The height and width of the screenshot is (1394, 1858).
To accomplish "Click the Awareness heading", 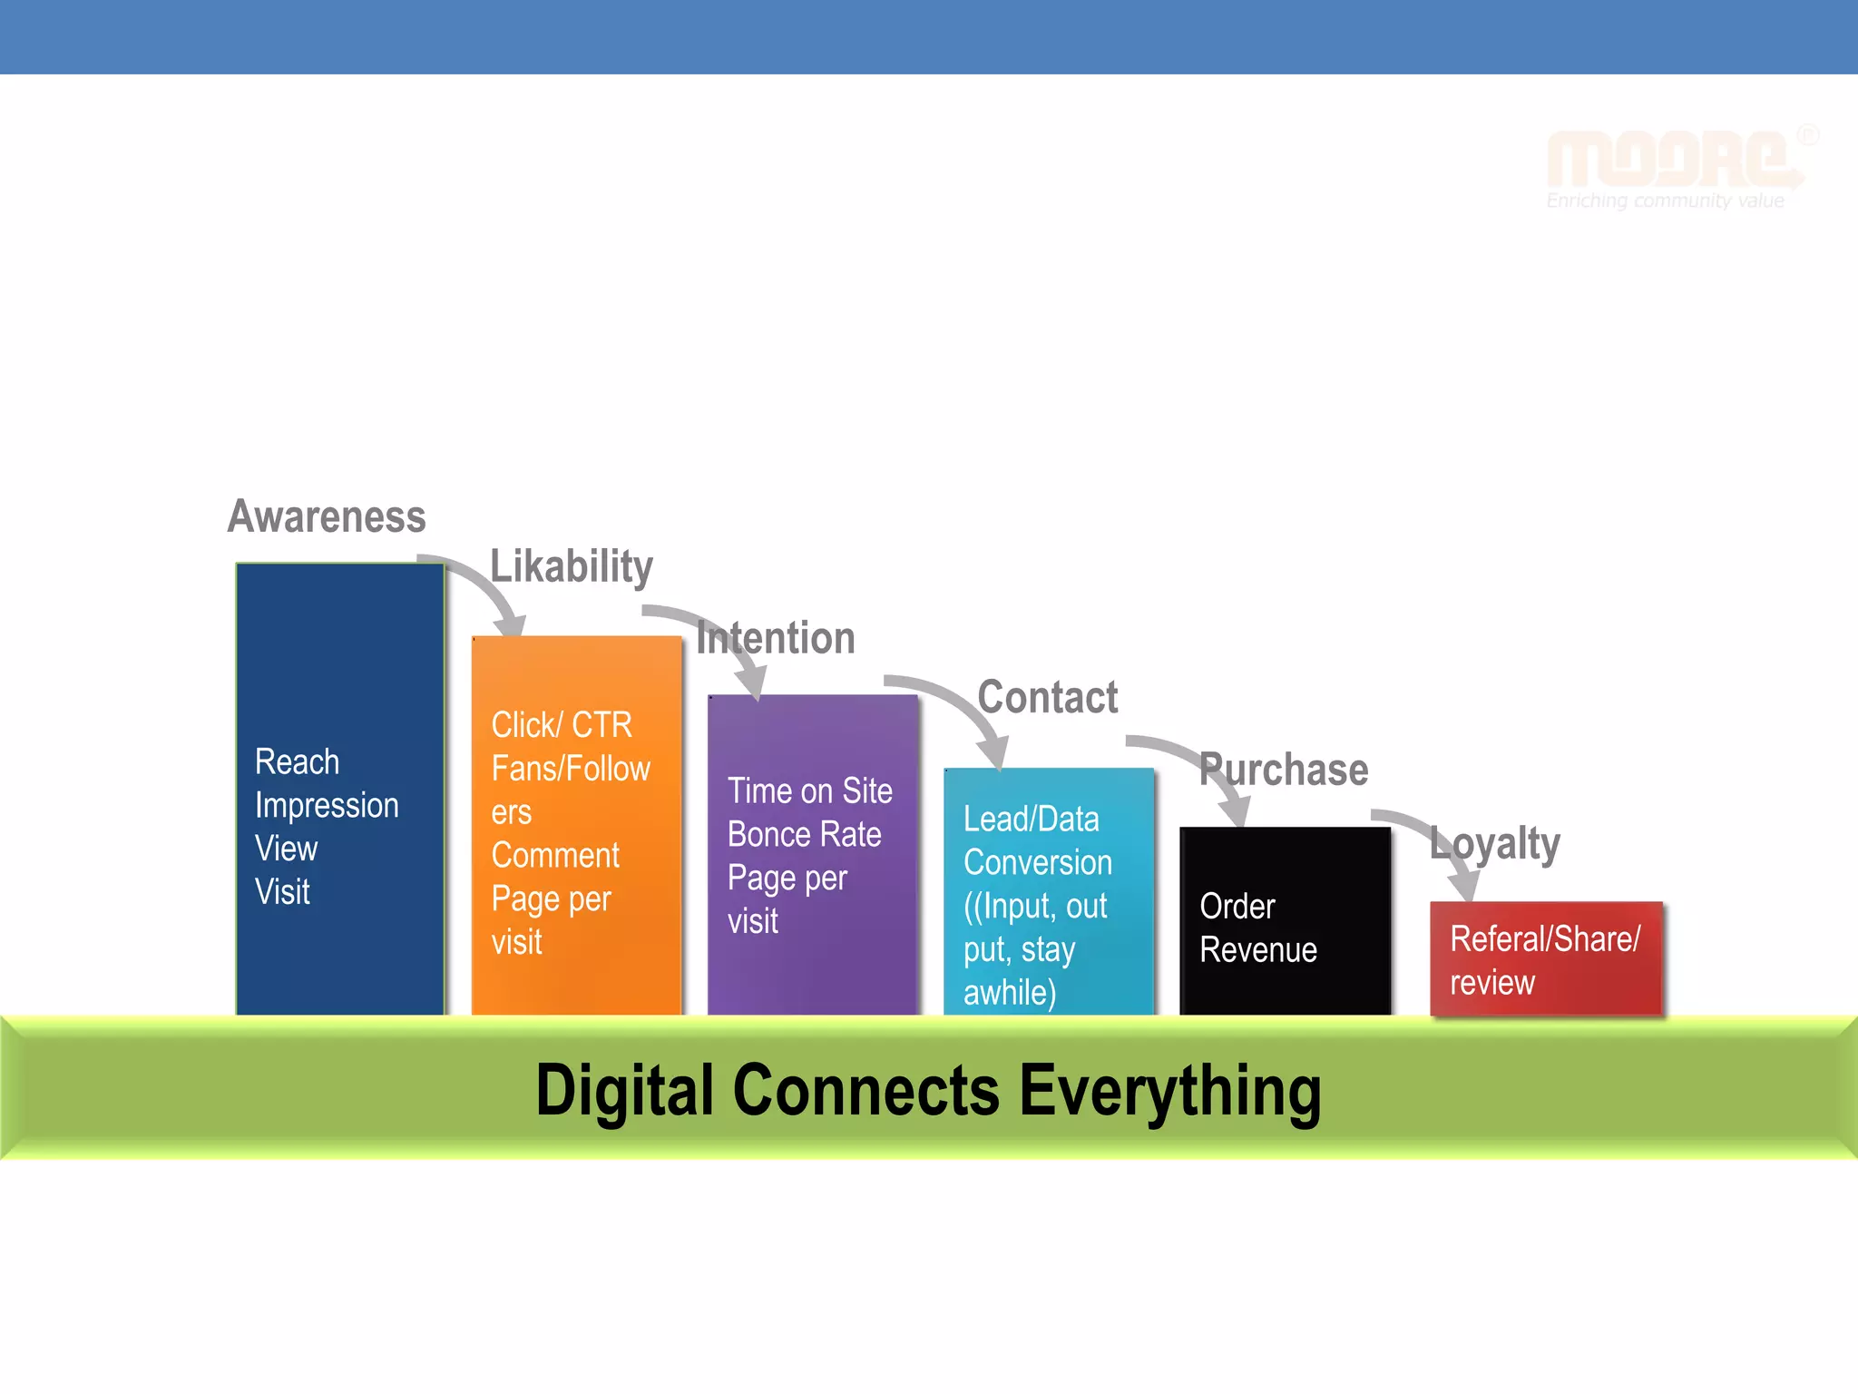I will coord(327,516).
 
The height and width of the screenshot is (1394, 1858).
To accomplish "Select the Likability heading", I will coord(572,566).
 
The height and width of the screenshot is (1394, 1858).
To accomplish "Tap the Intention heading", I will coord(777,638).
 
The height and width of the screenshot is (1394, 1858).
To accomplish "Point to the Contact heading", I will coord(1048,698).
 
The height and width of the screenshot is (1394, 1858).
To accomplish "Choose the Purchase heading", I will coord(1284,771).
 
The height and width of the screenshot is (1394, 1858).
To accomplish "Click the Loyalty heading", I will coord(1495,844).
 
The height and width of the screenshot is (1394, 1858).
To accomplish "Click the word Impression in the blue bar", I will coord(327,806).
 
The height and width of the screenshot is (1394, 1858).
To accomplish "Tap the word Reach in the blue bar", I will coord(297,762).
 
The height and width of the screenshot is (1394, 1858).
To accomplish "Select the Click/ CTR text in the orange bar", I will coord(562,725).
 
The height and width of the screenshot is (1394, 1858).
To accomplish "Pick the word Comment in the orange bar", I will coord(555,856).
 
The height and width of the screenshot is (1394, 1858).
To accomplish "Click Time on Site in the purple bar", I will coord(809,791).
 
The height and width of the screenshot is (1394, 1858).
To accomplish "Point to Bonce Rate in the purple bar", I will coord(804,835).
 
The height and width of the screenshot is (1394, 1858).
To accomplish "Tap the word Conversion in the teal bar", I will coord(1038,863).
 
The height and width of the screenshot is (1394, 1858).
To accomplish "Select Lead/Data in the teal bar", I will coord(1032,820).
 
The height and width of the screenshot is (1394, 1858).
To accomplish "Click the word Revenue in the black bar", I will coord(1258,950).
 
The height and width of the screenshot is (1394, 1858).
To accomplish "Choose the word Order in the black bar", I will coord(1237,907).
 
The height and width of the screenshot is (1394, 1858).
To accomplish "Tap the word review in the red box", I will coord(1492,983).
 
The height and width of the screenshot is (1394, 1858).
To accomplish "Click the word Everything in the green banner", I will coord(1170,1091).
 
